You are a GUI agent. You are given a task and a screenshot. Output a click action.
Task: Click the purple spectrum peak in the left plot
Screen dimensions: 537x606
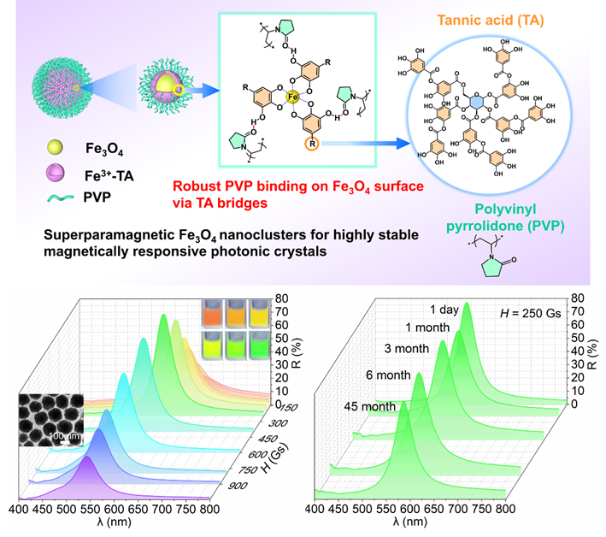point(87,466)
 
